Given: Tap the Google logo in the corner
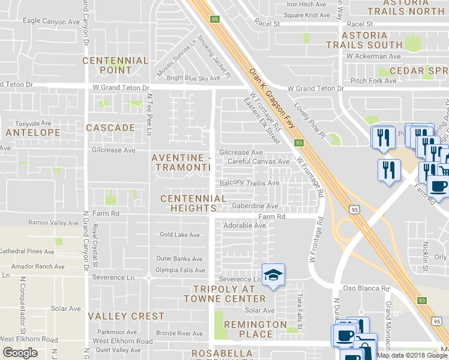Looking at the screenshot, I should click(20, 353).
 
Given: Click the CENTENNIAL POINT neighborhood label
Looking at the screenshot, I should click(115, 65).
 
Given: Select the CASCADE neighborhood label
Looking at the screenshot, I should click(110, 128).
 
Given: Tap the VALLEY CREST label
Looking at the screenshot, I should click(126, 316).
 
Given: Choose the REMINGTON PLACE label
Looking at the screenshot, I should click(255, 329).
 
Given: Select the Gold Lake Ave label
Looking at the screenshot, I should click(179, 235).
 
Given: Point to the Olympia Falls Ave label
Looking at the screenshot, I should click(181, 271).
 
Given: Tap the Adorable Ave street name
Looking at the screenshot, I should click(244, 226).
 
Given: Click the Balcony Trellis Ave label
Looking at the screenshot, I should click(250, 183).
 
